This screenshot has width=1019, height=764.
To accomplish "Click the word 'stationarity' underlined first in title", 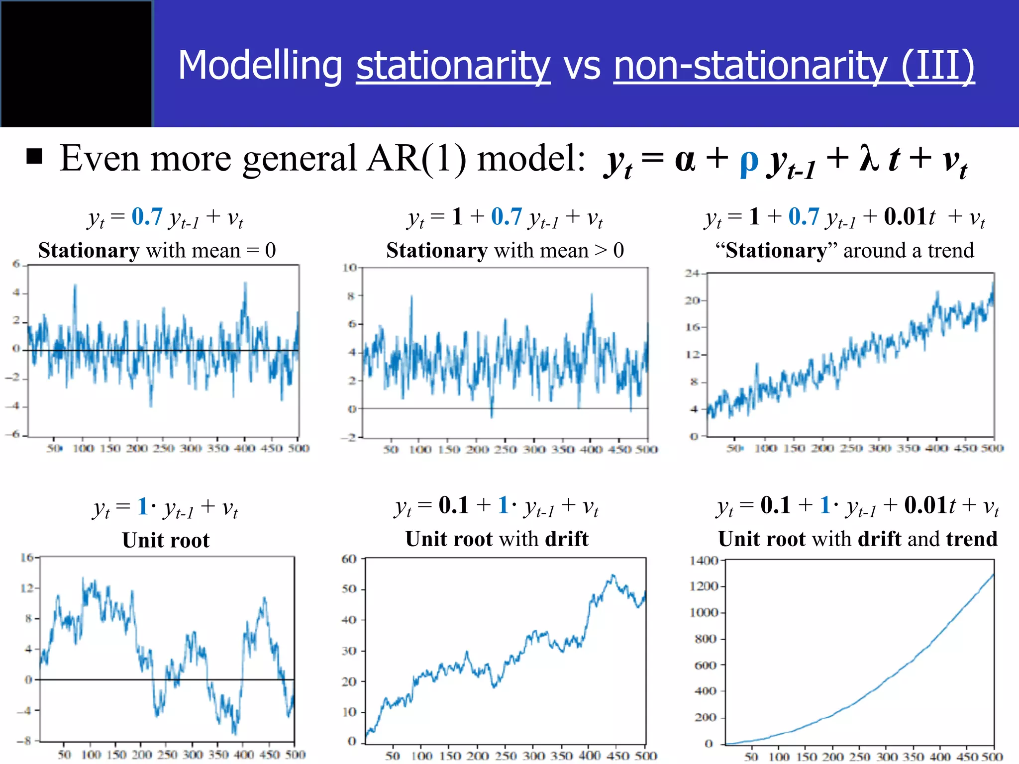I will coord(453,66).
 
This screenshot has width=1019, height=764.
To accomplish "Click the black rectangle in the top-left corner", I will coord(76,64).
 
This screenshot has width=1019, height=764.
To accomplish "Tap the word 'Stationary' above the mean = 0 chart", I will coord(89,250).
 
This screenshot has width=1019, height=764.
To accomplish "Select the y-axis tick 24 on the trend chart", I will coord(692,273).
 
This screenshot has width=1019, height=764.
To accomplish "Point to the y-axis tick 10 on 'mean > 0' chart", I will coord(349,268).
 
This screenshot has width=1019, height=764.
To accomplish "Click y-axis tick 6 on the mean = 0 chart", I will coord(16,264).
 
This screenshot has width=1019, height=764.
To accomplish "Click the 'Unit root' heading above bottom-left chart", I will coord(166,540).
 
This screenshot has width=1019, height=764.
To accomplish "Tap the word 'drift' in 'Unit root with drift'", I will coord(566,539).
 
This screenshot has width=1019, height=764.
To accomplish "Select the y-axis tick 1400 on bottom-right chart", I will coord(704,561).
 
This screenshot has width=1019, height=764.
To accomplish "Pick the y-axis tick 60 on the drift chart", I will coord(349,559).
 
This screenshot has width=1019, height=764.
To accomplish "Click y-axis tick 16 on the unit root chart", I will coord(26,558).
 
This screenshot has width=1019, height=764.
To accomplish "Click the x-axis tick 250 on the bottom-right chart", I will coord(859,757).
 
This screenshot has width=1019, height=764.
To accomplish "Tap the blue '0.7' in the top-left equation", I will coord(147,217).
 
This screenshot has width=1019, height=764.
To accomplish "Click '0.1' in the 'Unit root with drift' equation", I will coord(453,505).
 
